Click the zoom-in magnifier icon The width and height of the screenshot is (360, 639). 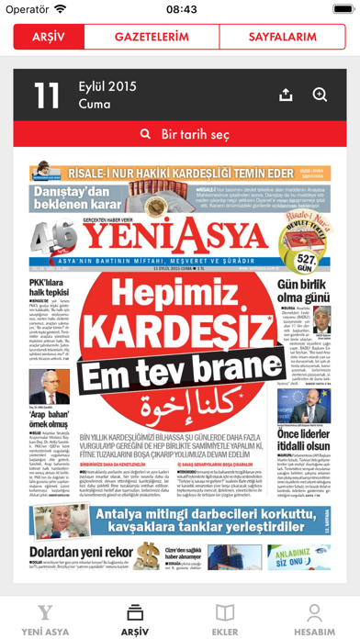(320, 95)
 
